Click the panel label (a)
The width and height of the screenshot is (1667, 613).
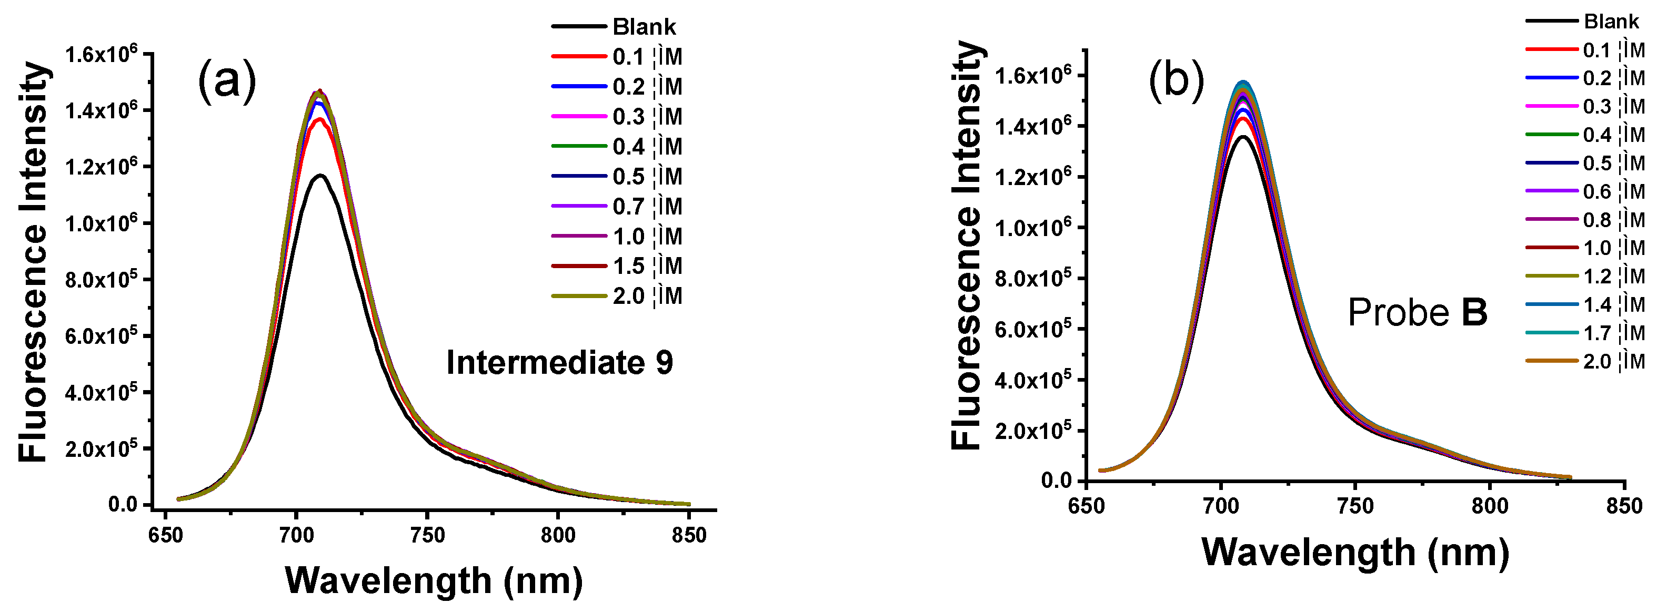pos(226,81)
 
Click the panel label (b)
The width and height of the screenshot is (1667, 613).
pos(1176,82)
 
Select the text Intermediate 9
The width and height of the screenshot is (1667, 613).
pos(559,362)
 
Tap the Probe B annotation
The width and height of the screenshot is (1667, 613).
pos(1417,312)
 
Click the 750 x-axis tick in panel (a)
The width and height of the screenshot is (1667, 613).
pos(427,535)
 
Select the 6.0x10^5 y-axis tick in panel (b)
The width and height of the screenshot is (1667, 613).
pos(1033,329)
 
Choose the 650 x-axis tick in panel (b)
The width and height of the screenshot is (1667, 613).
pos(1087,506)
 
